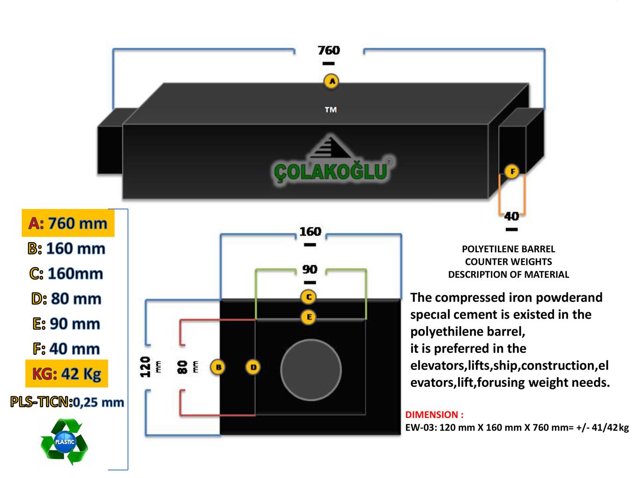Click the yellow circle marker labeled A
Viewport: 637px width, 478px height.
[332, 82]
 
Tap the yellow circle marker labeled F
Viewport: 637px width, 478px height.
[512, 172]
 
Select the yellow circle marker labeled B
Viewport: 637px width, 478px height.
[218, 367]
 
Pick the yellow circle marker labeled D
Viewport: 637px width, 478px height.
[253, 367]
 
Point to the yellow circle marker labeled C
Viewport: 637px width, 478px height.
[309, 297]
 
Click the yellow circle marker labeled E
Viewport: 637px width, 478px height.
[309, 317]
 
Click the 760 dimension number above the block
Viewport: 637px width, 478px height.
[328, 50]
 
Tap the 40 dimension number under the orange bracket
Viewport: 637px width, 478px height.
[511, 216]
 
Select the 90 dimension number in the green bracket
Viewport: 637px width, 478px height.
[310, 269]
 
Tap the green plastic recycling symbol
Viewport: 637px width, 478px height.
[64, 441]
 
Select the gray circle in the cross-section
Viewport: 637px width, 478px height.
[311, 370]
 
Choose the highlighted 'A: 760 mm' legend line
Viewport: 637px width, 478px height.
[68, 223]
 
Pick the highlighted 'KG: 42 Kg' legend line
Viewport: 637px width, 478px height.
[67, 373]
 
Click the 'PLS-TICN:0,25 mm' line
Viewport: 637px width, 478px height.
[67, 402]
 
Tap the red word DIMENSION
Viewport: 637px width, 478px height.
[434, 415]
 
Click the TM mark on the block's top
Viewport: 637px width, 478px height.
[331, 110]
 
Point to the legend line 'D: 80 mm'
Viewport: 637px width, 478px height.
[67, 299]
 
